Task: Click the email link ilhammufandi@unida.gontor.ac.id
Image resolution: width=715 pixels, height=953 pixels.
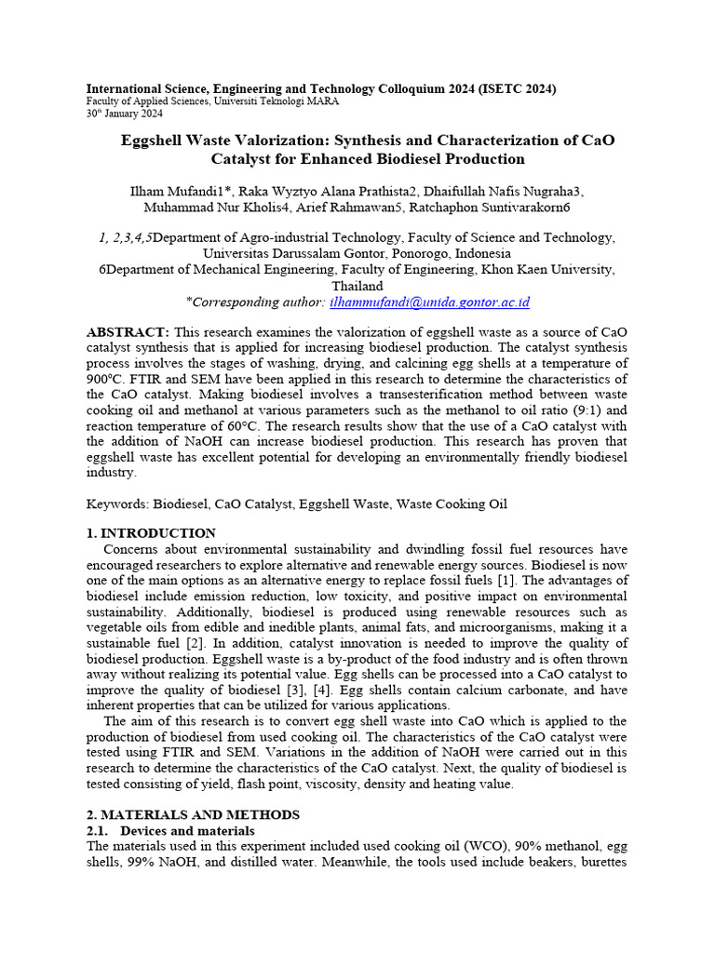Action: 429,302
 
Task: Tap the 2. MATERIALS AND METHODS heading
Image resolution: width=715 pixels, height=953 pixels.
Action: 193,814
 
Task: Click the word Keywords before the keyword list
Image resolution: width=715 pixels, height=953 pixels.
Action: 116,503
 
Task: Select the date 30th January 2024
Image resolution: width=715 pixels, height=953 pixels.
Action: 125,114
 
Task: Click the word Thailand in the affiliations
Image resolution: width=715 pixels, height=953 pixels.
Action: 357,286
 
